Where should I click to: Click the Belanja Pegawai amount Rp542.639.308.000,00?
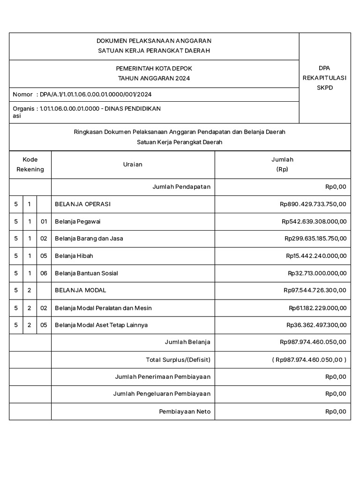(x=314, y=221)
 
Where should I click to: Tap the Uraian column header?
(x=133, y=165)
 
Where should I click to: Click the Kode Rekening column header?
(x=30, y=165)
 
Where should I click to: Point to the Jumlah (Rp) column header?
(x=282, y=165)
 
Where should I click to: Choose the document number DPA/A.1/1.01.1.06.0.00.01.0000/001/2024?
(x=96, y=94)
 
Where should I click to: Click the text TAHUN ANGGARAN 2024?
(x=154, y=78)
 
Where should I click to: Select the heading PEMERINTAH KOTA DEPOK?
(x=154, y=68)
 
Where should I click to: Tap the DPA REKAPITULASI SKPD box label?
(x=324, y=78)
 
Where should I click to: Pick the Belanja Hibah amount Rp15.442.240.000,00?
(x=316, y=256)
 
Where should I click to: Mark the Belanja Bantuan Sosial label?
(x=86, y=273)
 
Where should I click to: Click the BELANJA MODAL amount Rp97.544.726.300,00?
(x=315, y=290)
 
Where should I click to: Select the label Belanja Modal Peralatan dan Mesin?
(x=103, y=308)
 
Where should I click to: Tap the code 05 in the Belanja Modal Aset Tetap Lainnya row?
(x=44, y=325)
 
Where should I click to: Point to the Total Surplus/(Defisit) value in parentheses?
(x=309, y=360)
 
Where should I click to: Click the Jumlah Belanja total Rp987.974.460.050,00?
(x=313, y=342)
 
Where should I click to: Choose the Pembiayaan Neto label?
(x=185, y=412)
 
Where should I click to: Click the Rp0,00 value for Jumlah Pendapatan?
(x=336, y=187)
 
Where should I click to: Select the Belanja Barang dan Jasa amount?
(x=315, y=239)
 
